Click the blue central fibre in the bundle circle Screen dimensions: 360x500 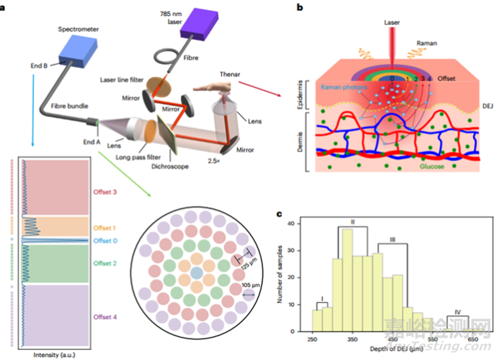(x=197, y=273)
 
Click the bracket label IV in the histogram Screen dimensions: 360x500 (x=458, y=311)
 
